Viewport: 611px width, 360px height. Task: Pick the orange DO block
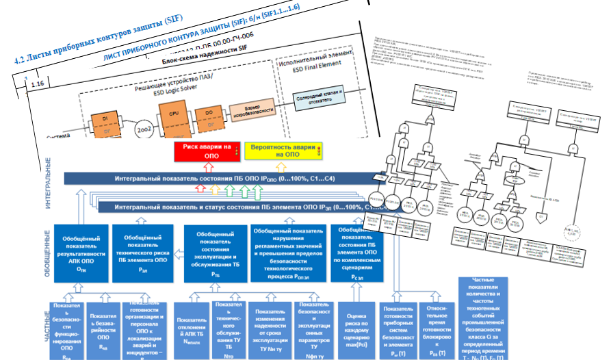click(x=203, y=114)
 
